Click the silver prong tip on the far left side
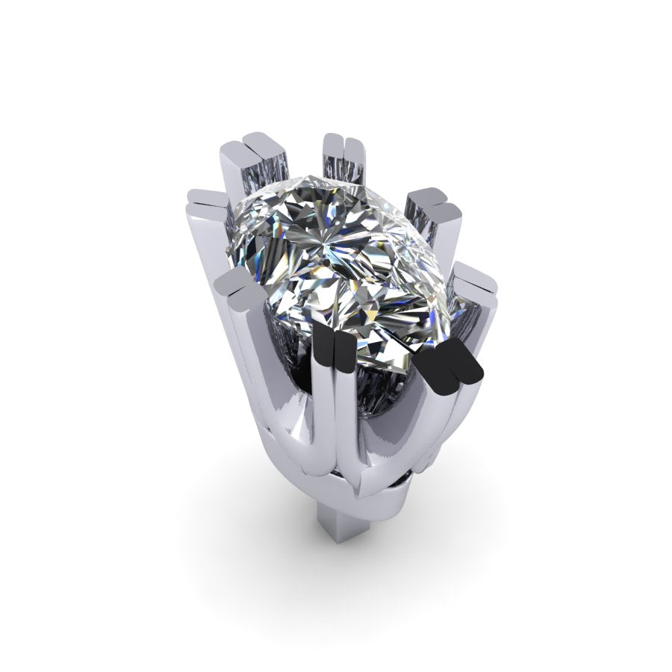coord(206,200)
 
